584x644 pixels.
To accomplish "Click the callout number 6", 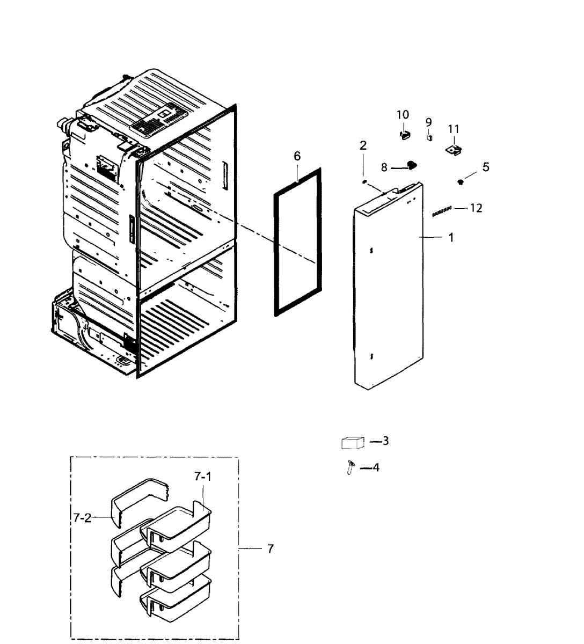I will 297,156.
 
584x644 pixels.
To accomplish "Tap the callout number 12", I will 476,208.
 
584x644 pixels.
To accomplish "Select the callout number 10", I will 403,114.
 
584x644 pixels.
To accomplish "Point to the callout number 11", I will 454,129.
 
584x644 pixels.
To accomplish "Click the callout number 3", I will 385,441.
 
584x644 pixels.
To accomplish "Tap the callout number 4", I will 376,467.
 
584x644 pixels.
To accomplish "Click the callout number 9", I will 429,122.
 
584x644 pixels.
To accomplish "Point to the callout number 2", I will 363,145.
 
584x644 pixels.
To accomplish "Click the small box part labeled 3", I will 353,443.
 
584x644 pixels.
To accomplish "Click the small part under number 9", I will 429,137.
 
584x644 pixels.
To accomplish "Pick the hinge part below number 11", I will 455,151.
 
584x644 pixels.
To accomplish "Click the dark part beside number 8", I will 411,165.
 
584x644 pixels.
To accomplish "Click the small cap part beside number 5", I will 460,182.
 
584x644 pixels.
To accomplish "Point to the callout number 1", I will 451,237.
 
